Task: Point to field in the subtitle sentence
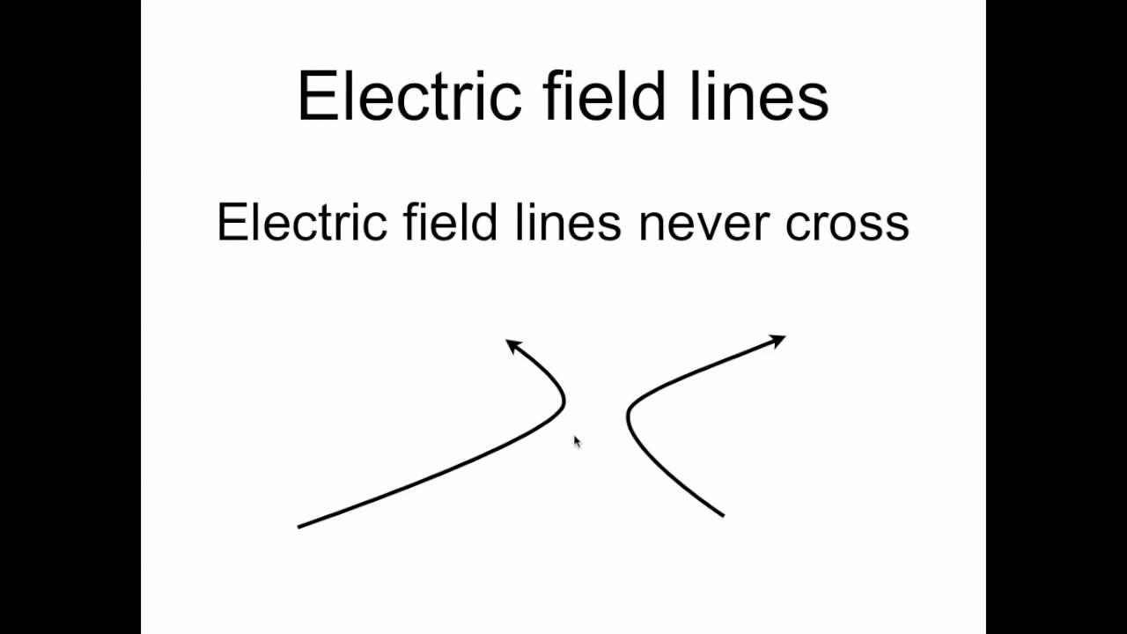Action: tap(450, 222)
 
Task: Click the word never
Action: tap(705, 224)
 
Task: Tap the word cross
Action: tap(847, 224)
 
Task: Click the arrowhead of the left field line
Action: tap(512, 345)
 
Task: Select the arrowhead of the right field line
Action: tap(777, 340)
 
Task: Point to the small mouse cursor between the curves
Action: tap(577, 441)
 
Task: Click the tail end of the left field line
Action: tap(299, 527)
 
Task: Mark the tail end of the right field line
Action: tap(723, 515)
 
